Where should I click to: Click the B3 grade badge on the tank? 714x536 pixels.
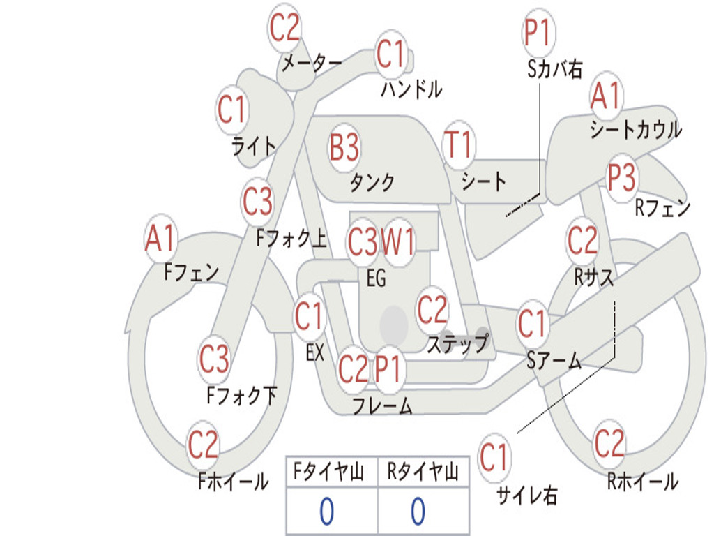coord(344,147)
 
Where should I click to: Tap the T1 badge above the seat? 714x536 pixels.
coord(459,145)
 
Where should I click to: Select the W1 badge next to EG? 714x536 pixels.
coord(398,241)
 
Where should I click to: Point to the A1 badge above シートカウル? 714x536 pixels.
coord(606,96)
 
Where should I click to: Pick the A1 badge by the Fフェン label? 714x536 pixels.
coord(160,238)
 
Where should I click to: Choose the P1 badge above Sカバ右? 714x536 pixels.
coord(539,33)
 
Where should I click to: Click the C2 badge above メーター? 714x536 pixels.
coord(284,27)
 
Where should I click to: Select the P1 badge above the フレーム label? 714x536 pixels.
coord(388,368)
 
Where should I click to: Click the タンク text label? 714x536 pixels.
coord(372,182)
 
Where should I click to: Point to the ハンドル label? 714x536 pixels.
coord(411,89)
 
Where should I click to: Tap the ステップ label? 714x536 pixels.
coord(457,343)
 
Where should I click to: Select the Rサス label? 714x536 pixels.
coord(594,276)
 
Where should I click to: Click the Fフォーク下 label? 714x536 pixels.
coord(242,396)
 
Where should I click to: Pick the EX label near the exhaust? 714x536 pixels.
coord(315,352)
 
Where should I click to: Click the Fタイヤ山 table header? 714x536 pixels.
coord(329,471)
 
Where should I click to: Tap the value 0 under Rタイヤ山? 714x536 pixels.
coord(418,511)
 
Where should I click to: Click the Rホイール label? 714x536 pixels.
coord(643,482)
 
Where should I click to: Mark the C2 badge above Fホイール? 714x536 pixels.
coord(203,445)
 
